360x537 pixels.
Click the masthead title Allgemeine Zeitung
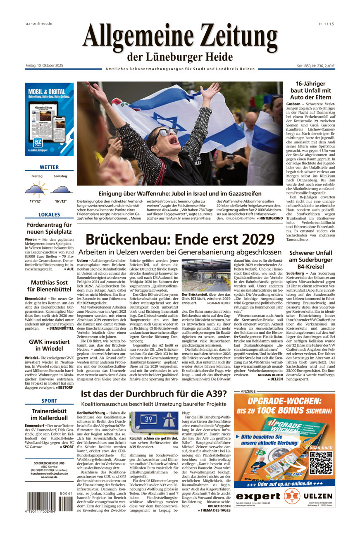(180, 36)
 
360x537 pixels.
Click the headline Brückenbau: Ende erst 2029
(180, 239)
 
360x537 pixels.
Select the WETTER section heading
(49, 167)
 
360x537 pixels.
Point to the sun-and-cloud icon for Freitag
(36, 190)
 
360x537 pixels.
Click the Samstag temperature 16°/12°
(61, 201)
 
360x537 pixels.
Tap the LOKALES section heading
(49, 215)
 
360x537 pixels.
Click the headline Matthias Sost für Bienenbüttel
(49, 287)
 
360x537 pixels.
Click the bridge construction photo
(206, 275)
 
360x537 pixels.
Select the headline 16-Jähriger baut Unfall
(311, 90)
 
